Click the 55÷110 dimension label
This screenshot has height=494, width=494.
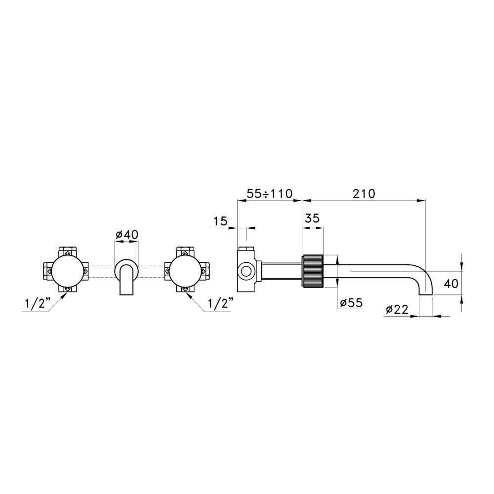270,194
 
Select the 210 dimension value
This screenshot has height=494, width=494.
364,194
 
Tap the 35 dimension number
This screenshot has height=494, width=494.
312,218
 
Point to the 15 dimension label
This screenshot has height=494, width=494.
220,221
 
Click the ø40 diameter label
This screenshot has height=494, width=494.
126,234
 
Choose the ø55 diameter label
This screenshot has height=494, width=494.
351,303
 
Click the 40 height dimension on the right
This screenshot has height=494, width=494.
451,284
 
